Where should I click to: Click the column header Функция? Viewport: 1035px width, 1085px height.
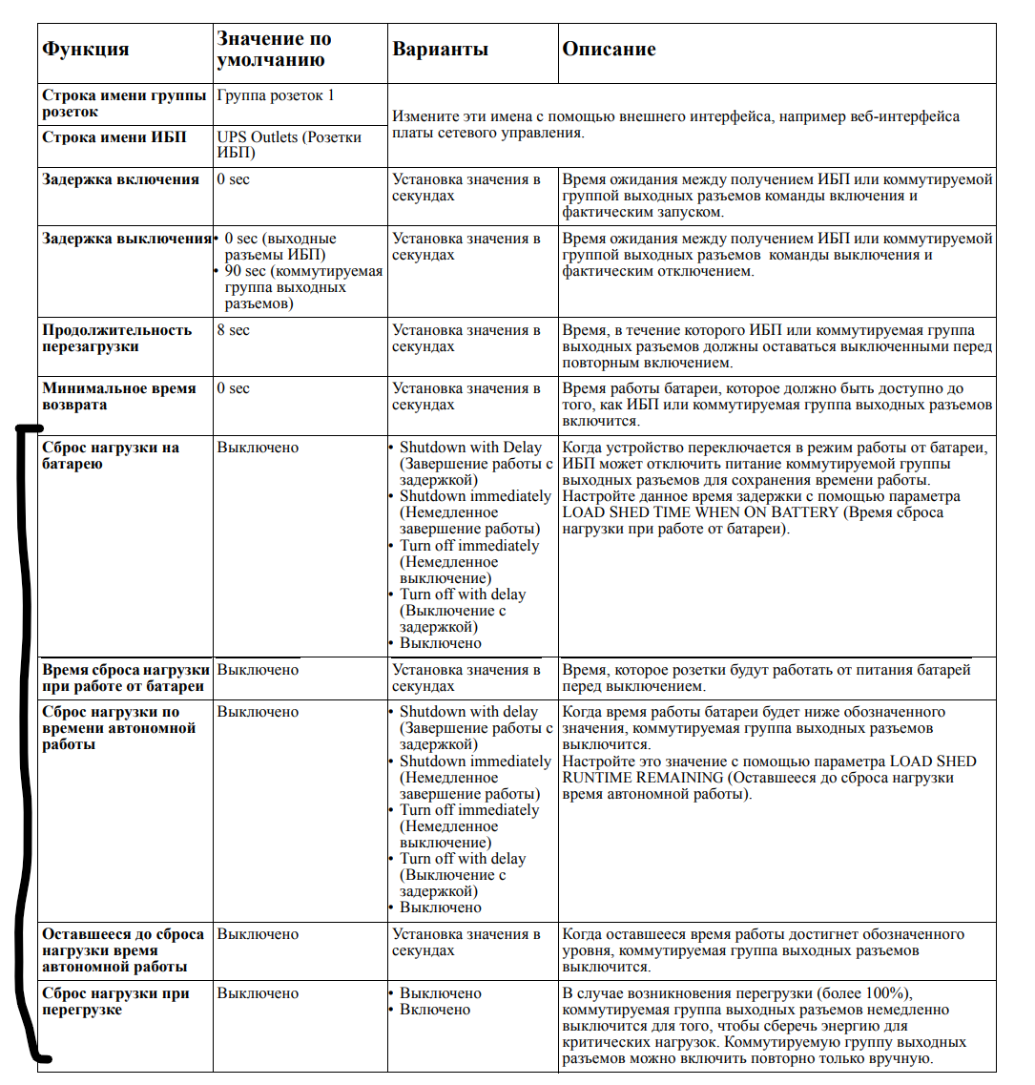click(x=86, y=50)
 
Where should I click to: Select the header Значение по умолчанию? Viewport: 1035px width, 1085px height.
click(x=275, y=50)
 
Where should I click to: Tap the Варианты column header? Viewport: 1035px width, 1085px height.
click(x=440, y=50)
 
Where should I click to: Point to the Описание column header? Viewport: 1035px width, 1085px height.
click(x=609, y=50)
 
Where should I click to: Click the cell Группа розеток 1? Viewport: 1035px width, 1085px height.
click(x=276, y=95)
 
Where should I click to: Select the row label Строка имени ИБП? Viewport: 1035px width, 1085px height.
click(x=108, y=137)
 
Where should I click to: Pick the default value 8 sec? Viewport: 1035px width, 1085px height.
click(x=233, y=330)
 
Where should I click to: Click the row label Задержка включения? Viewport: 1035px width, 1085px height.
click(x=120, y=179)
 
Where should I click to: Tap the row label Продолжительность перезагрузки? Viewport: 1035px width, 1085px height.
click(x=116, y=339)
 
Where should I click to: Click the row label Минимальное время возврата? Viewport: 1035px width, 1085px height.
click(x=119, y=396)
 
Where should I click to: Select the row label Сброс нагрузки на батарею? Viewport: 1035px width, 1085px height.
click(x=110, y=455)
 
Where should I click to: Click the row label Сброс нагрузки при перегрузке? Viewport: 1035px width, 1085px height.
click(x=115, y=1001)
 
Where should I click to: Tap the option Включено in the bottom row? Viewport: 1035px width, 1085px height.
click(x=435, y=1010)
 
